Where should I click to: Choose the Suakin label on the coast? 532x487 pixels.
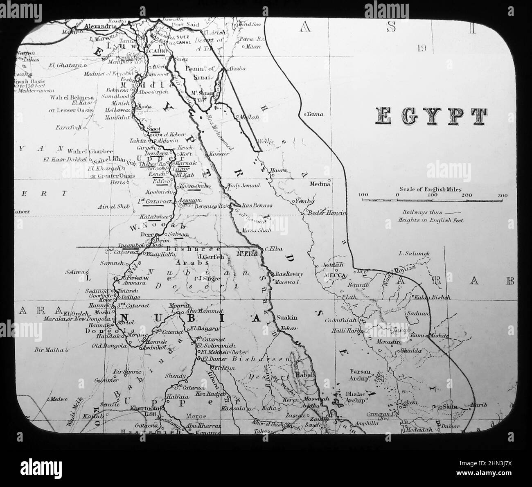click(x=287, y=318)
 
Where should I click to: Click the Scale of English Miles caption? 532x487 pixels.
click(x=431, y=189)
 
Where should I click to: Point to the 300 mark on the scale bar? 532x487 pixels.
click(x=502, y=195)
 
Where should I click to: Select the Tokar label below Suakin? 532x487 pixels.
click(x=287, y=328)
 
